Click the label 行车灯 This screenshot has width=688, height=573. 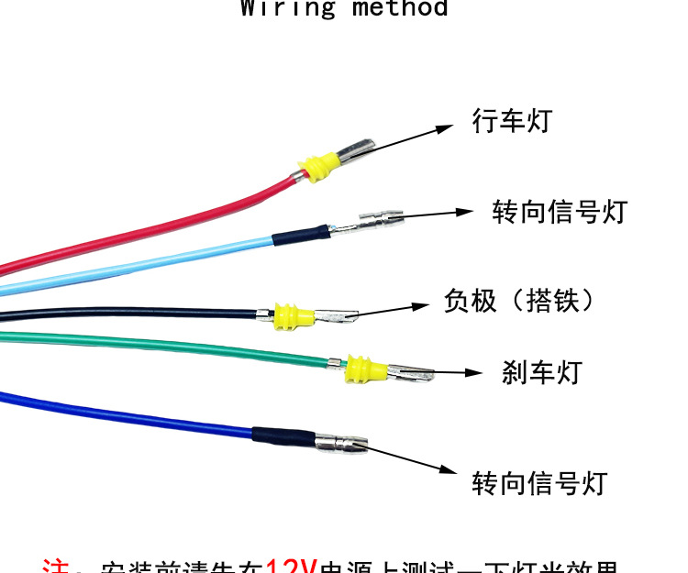512,120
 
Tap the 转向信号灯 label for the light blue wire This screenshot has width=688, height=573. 559,212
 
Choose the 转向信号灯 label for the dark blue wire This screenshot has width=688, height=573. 539,482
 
